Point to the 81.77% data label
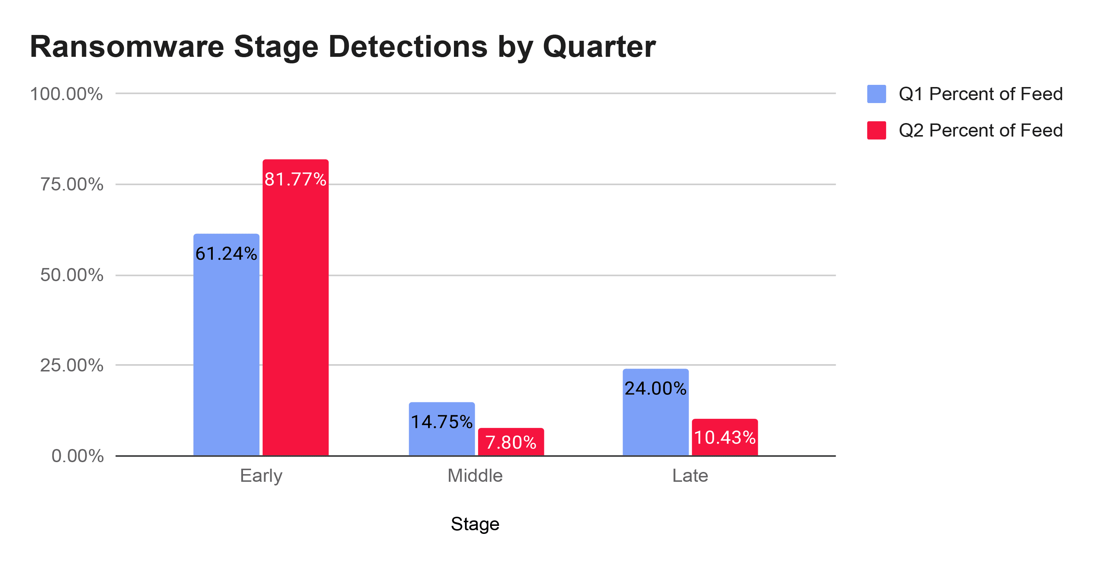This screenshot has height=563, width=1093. click(x=295, y=179)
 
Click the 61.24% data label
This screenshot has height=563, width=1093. click(x=226, y=254)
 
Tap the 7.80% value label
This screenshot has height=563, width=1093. click(x=511, y=442)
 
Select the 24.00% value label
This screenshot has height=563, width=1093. click(x=655, y=388)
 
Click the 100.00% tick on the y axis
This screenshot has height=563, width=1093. click(x=67, y=94)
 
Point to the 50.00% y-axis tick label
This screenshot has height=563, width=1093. click(x=72, y=275)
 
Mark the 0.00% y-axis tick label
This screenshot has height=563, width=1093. click(x=77, y=456)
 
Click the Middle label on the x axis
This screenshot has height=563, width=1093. click(x=475, y=476)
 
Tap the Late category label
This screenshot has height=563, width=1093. click(x=690, y=476)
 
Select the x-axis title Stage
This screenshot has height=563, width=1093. click(x=475, y=524)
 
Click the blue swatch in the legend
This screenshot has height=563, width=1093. click(x=876, y=94)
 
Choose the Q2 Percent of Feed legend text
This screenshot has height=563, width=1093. click(x=980, y=130)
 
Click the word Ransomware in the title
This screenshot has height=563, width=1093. click(x=126, y=47)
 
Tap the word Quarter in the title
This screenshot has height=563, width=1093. click(x=599, y=47)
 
